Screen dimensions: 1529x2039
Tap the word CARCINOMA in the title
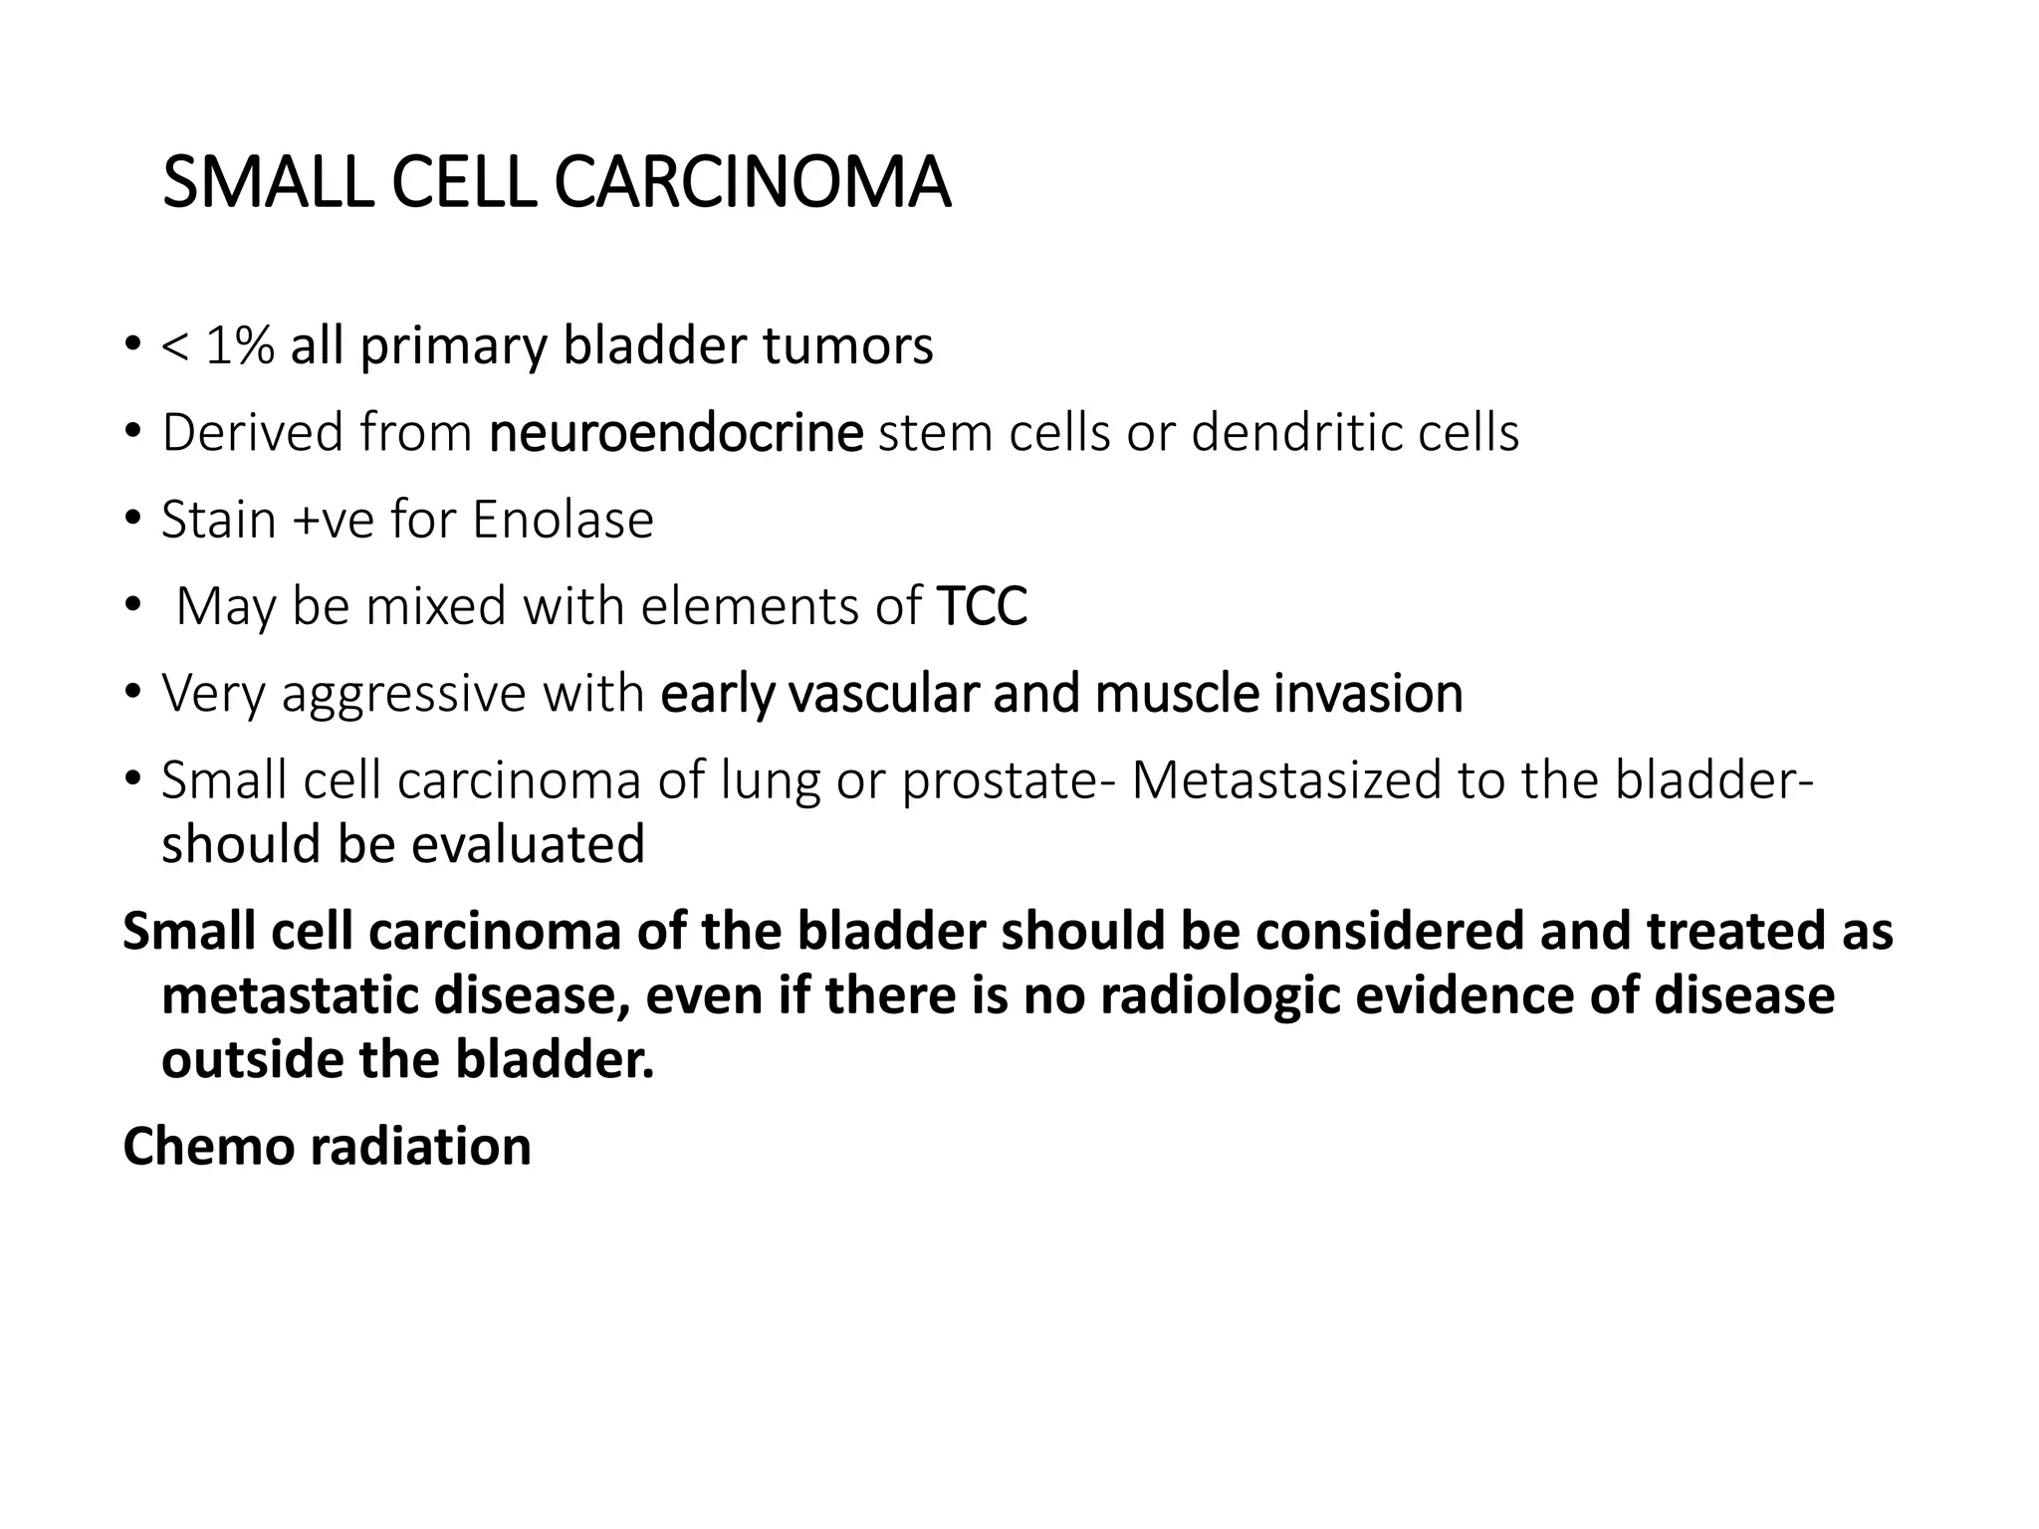[x=752, y=183]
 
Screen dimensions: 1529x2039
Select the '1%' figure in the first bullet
[x=239, y=346]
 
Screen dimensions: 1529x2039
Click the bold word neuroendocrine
[x=676, y=433]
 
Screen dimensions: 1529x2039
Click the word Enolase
[x=563, y=520]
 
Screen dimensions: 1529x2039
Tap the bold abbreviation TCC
[x=982, y=606]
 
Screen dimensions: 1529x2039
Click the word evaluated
[x=528, y=844]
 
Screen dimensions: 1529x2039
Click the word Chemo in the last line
[x=208, y=1147]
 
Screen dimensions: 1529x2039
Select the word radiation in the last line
[x=421, y=1147]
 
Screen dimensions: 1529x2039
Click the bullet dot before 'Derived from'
[x=132, y=433]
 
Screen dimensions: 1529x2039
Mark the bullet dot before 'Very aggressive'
[x=132, y=693]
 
